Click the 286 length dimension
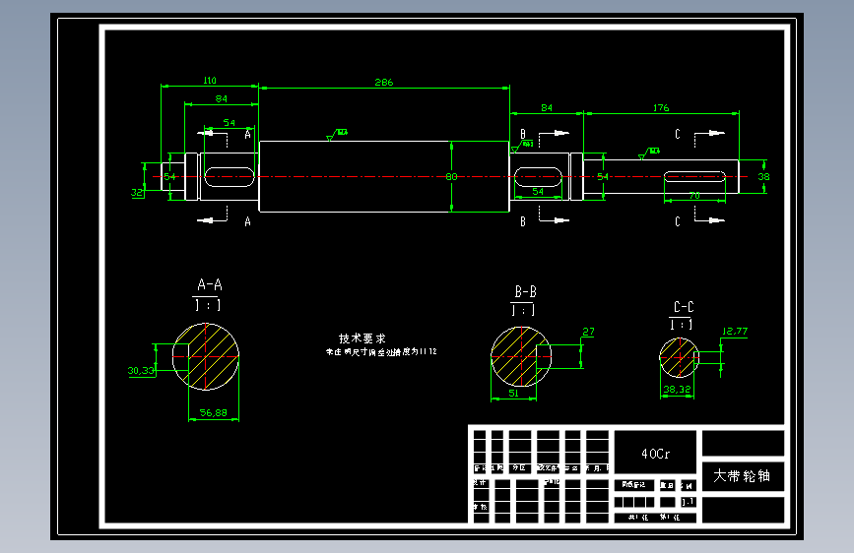384,83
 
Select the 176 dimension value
660,107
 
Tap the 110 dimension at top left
210,80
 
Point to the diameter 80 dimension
452,177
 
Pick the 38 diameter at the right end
764,177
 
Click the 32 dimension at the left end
137,193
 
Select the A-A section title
210,285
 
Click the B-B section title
525,292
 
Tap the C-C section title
683,307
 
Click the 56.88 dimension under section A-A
214,414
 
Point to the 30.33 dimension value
141,371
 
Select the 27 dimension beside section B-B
588,333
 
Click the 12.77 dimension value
735,331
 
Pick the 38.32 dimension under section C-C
678,391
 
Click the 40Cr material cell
655,455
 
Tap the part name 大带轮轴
742,476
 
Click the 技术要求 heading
362,338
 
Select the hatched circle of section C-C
679,357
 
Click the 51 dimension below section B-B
514,393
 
